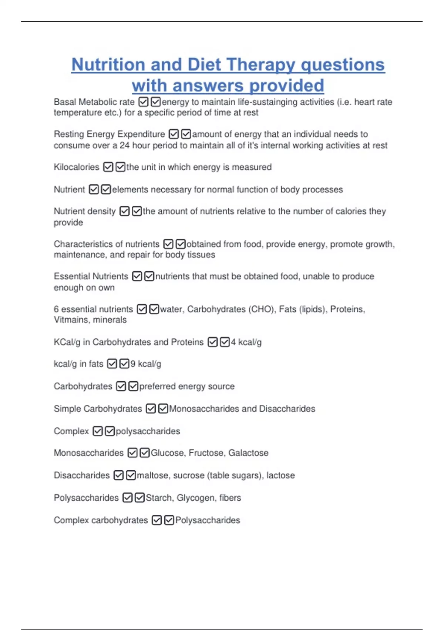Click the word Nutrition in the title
tap(108, 64)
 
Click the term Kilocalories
tap(77, 167)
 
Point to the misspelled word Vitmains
tap(70, 320)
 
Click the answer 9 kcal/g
tap(146, 364)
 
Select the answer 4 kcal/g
tap(246, 342)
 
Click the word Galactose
tap(248, 453)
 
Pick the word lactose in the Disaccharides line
tap(280, 475)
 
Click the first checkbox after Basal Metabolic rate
tap(144, 102)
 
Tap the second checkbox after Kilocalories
tap(121, 167)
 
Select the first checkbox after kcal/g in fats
tap(112, 364)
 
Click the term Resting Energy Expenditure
tap(110, 134)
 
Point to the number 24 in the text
tap(124, 145)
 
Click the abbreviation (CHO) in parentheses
tap(262, 309)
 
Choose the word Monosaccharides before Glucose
tap(89, 453)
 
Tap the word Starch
tap(159, 498)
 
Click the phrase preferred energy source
tap(187, 387)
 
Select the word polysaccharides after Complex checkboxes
tap(148, 431)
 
